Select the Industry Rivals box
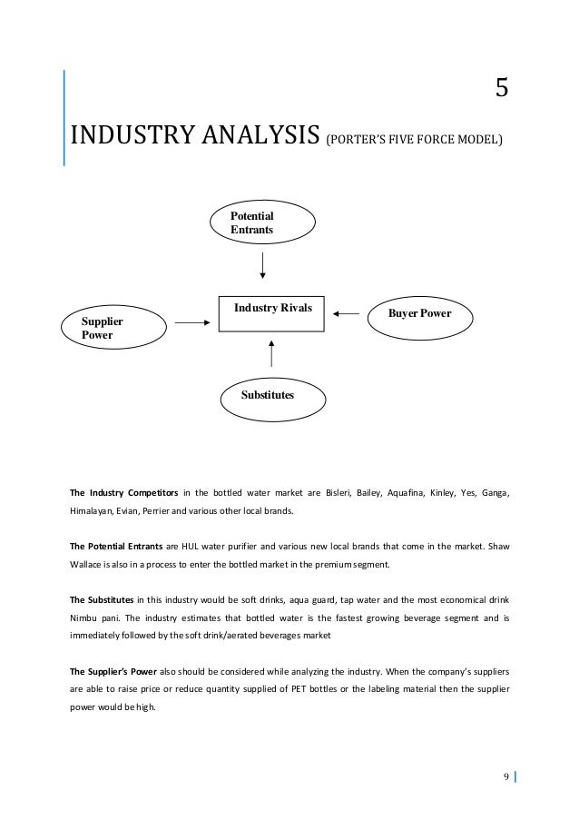(x=271, y=314)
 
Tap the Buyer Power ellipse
(x=419, y=314)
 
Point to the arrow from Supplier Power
(x=191, y=321)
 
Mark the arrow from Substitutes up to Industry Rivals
(x=271, y=354)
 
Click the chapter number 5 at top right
(x=501, y=88)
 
